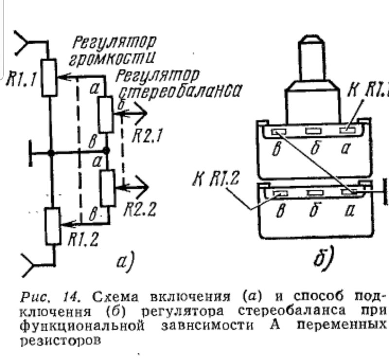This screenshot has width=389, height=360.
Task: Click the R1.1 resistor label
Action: [21, 79]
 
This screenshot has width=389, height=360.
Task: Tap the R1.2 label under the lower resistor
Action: [83, 240]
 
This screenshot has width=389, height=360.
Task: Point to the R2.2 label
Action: [140, 209]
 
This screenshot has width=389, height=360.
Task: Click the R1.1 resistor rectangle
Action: [49, 78]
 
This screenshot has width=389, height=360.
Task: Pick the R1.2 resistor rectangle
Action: [53, 226]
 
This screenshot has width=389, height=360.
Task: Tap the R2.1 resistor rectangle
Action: [106, 115]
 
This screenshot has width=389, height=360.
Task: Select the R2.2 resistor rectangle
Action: [108, 188]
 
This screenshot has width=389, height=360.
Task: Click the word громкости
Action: [112, 59]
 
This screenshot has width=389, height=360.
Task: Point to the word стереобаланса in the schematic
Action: [180, 91]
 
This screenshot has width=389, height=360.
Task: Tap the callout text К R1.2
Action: [215, 178]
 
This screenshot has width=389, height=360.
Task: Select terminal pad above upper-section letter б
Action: [313, 131]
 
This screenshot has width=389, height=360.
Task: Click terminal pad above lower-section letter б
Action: [315, 193]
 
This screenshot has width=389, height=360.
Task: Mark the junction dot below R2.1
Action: [106, 150]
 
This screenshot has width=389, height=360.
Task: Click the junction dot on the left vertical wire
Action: [51, 153]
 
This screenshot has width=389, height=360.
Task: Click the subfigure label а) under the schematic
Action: [125, 262]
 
